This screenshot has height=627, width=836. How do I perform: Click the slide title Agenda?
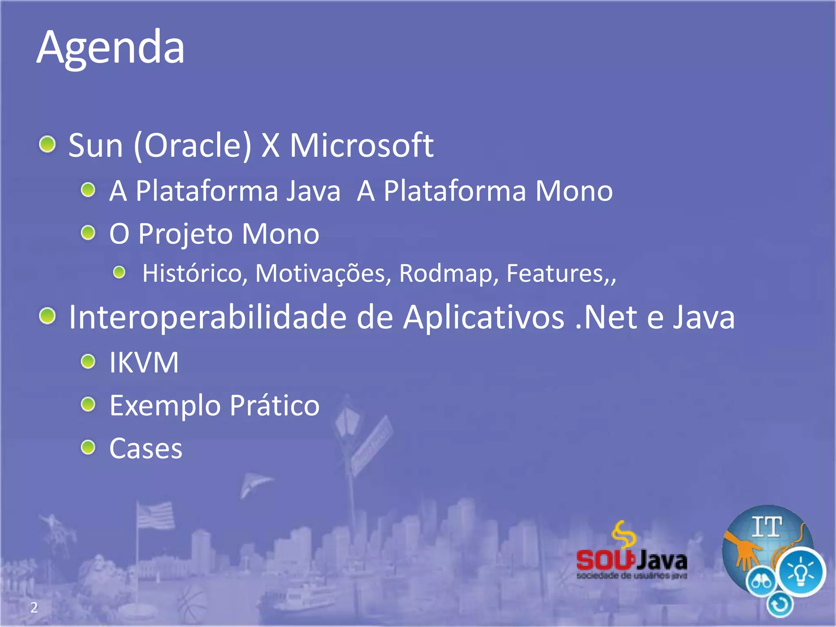[110, 48]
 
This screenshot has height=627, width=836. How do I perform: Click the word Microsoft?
[361, 145]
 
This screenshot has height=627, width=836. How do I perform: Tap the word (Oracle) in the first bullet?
[193, 145]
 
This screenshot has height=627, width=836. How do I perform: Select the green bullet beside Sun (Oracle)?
[48, 144]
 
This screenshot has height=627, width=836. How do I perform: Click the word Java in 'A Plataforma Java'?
[313, 191]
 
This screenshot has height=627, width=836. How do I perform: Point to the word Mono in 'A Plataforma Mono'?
[574, 191]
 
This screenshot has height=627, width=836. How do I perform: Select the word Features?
[554, 273]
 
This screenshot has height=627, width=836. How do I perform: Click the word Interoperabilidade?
[207, 317]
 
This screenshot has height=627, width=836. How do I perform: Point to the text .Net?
[606, 317]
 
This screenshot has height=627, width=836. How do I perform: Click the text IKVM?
[144, 362]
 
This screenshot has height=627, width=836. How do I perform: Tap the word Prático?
[274, 406]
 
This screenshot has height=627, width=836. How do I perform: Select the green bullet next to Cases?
[88, 447]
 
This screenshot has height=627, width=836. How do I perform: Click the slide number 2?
[34, 608]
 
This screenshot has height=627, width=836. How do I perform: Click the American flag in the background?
[155, 515]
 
